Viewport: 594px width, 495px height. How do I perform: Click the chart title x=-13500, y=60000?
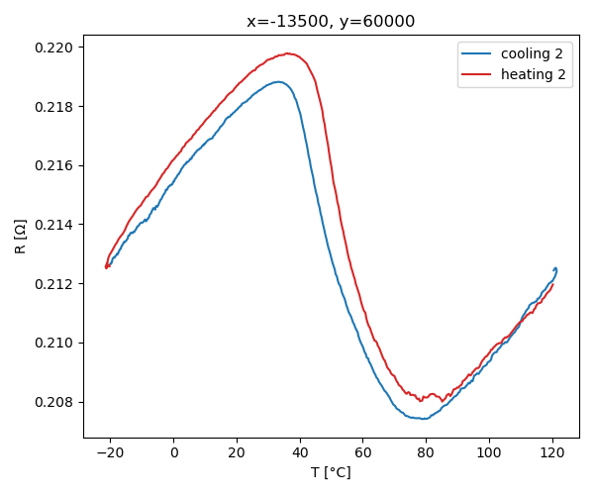tap(331, 22)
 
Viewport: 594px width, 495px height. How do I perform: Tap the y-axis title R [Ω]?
tap(21, 237)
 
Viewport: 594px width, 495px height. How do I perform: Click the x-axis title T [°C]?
tap(331, 472)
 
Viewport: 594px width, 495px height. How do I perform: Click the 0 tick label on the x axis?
tap(173, 453)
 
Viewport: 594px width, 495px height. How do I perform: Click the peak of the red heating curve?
tap(288, 53)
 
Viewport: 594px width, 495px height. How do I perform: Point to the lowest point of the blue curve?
tap(423, 419)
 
